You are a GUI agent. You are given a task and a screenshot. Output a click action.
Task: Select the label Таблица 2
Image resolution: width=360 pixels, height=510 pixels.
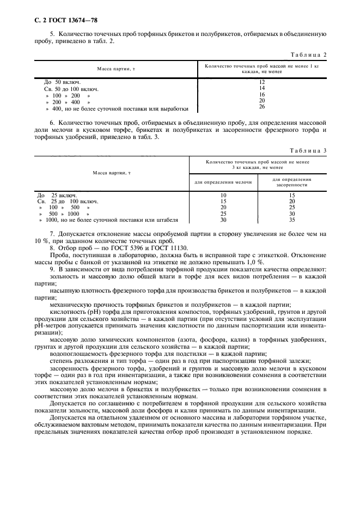pos(309,55)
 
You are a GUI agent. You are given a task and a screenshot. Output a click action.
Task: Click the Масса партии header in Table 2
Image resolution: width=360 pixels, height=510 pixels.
pos(113,69)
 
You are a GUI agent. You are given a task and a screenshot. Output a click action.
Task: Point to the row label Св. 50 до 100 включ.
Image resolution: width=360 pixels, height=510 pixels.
pos(71,88)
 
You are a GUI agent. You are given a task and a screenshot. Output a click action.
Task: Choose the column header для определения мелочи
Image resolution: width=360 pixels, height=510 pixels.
pos(223,182)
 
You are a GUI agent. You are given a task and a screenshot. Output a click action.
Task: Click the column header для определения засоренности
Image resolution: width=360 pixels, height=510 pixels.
pos(291,182)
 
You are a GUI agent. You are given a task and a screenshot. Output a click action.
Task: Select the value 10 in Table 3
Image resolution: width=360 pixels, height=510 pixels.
pos(223,195)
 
